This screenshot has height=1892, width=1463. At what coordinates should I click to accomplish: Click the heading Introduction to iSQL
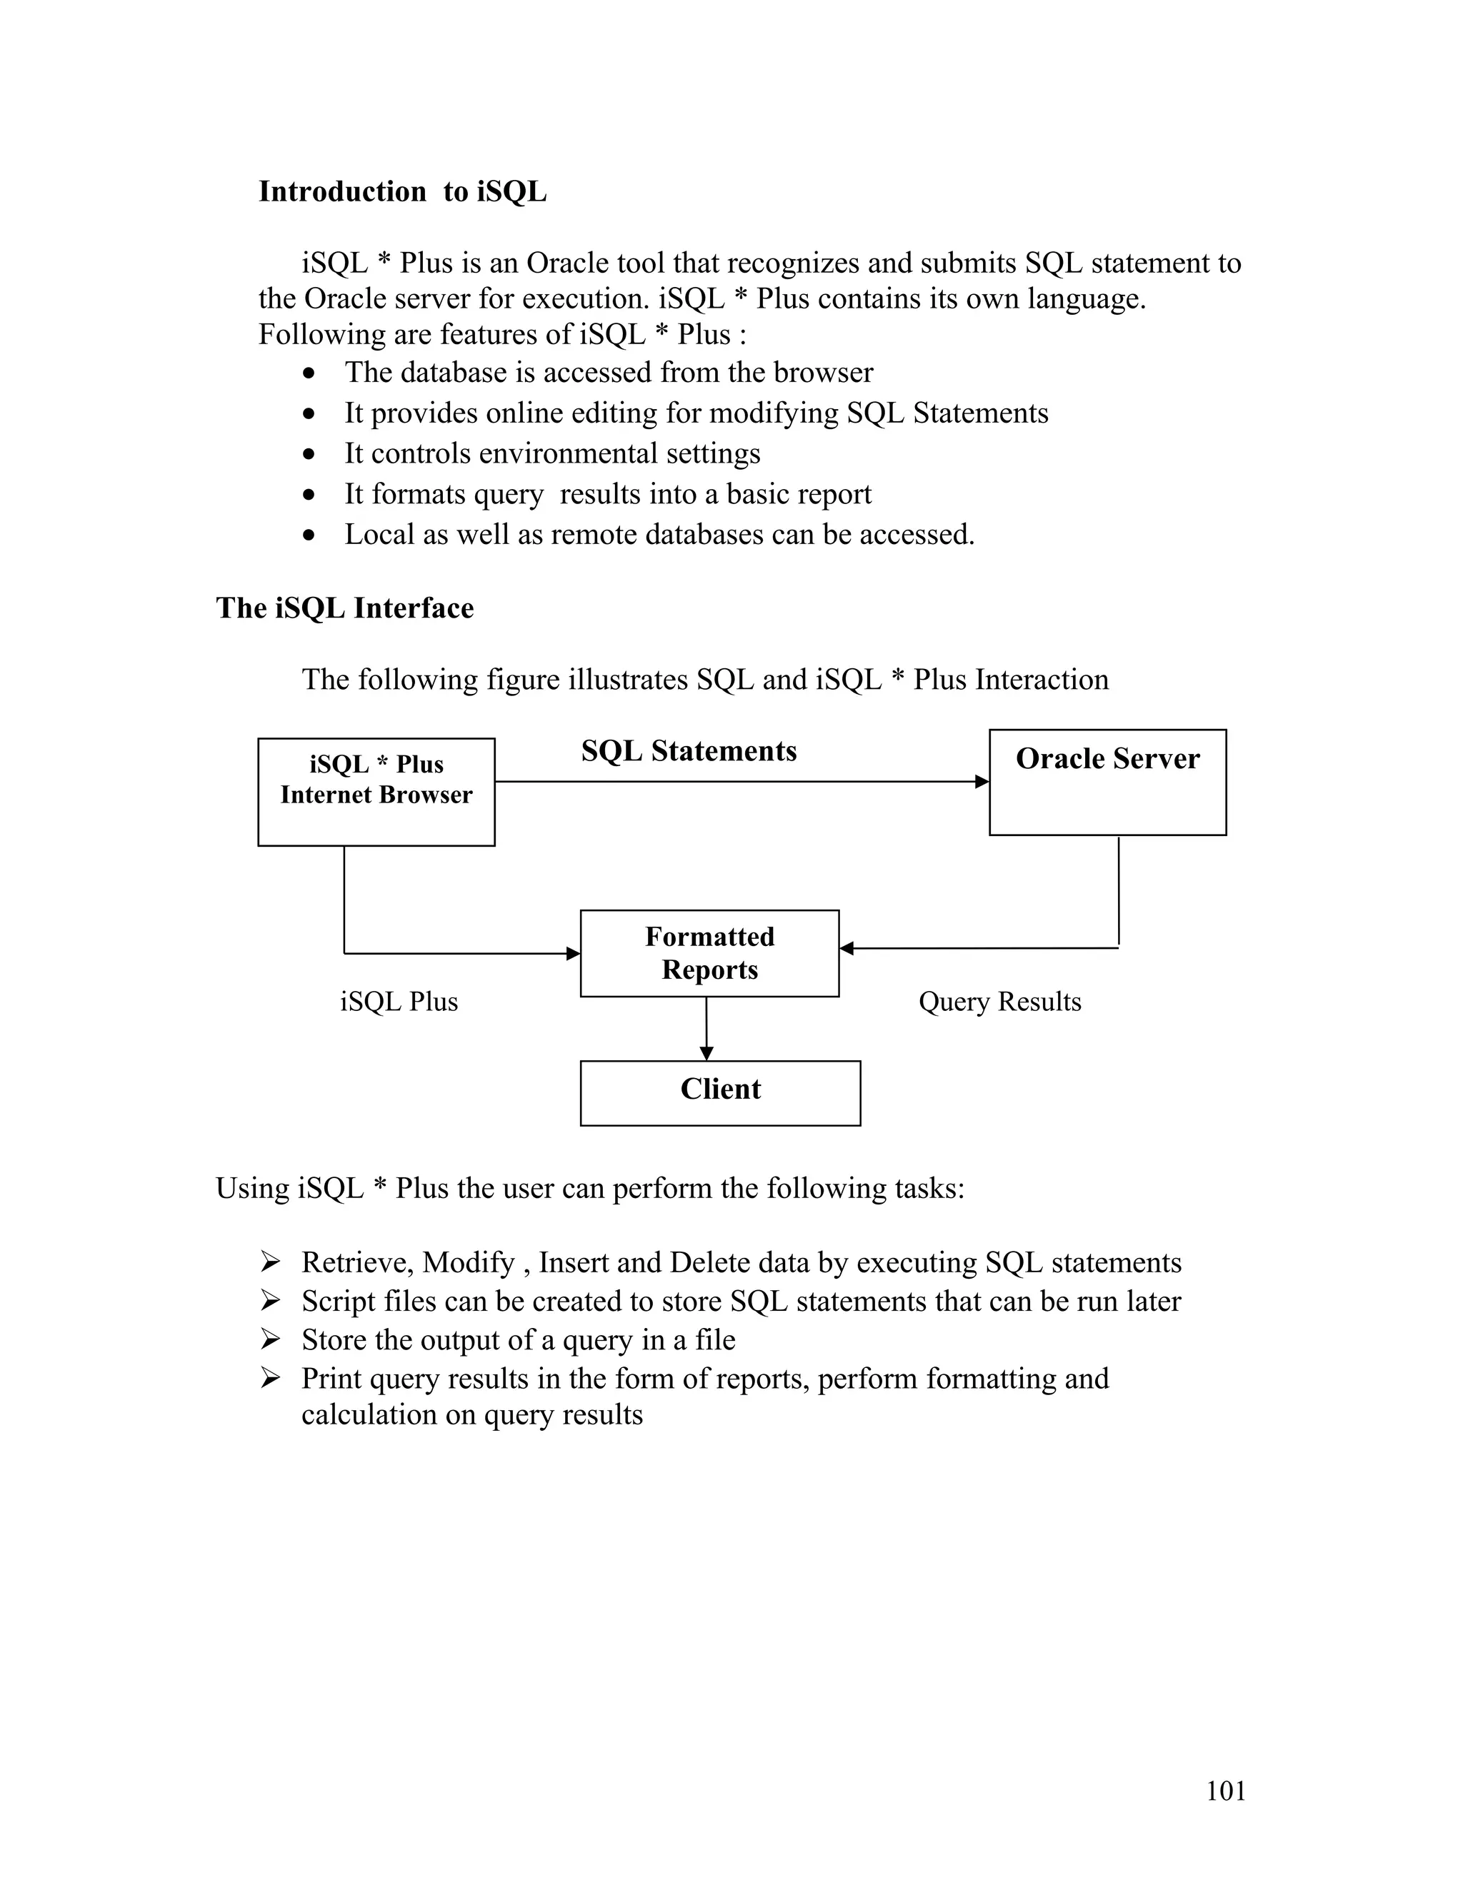[x=402, y=191]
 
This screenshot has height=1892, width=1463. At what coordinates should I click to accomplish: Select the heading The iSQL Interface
[x=344, y=608]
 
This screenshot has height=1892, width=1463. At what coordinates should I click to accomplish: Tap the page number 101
[x=1226, y=1791]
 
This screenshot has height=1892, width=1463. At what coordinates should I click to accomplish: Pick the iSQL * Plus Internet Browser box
[x=376, y=792]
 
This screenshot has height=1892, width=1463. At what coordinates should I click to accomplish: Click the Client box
[x=719, y=1092]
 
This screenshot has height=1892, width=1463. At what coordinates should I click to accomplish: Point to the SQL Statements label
[x=689, y=751]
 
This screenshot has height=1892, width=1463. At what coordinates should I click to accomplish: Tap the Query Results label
[x=999, y=1002]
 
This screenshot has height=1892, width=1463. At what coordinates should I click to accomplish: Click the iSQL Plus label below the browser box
[x=399, y=1002]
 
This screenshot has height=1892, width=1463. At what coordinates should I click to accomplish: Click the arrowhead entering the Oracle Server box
[x=982, y=781]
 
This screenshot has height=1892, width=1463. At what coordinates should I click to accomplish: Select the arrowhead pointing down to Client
[x=706, y=1053]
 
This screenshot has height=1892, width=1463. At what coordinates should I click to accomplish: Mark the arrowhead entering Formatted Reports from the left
[x=573, y=953]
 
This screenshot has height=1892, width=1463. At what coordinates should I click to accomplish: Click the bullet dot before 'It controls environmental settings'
[x=309, y=454]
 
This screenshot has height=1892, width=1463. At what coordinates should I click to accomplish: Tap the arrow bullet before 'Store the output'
[x=271, y=1340]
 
